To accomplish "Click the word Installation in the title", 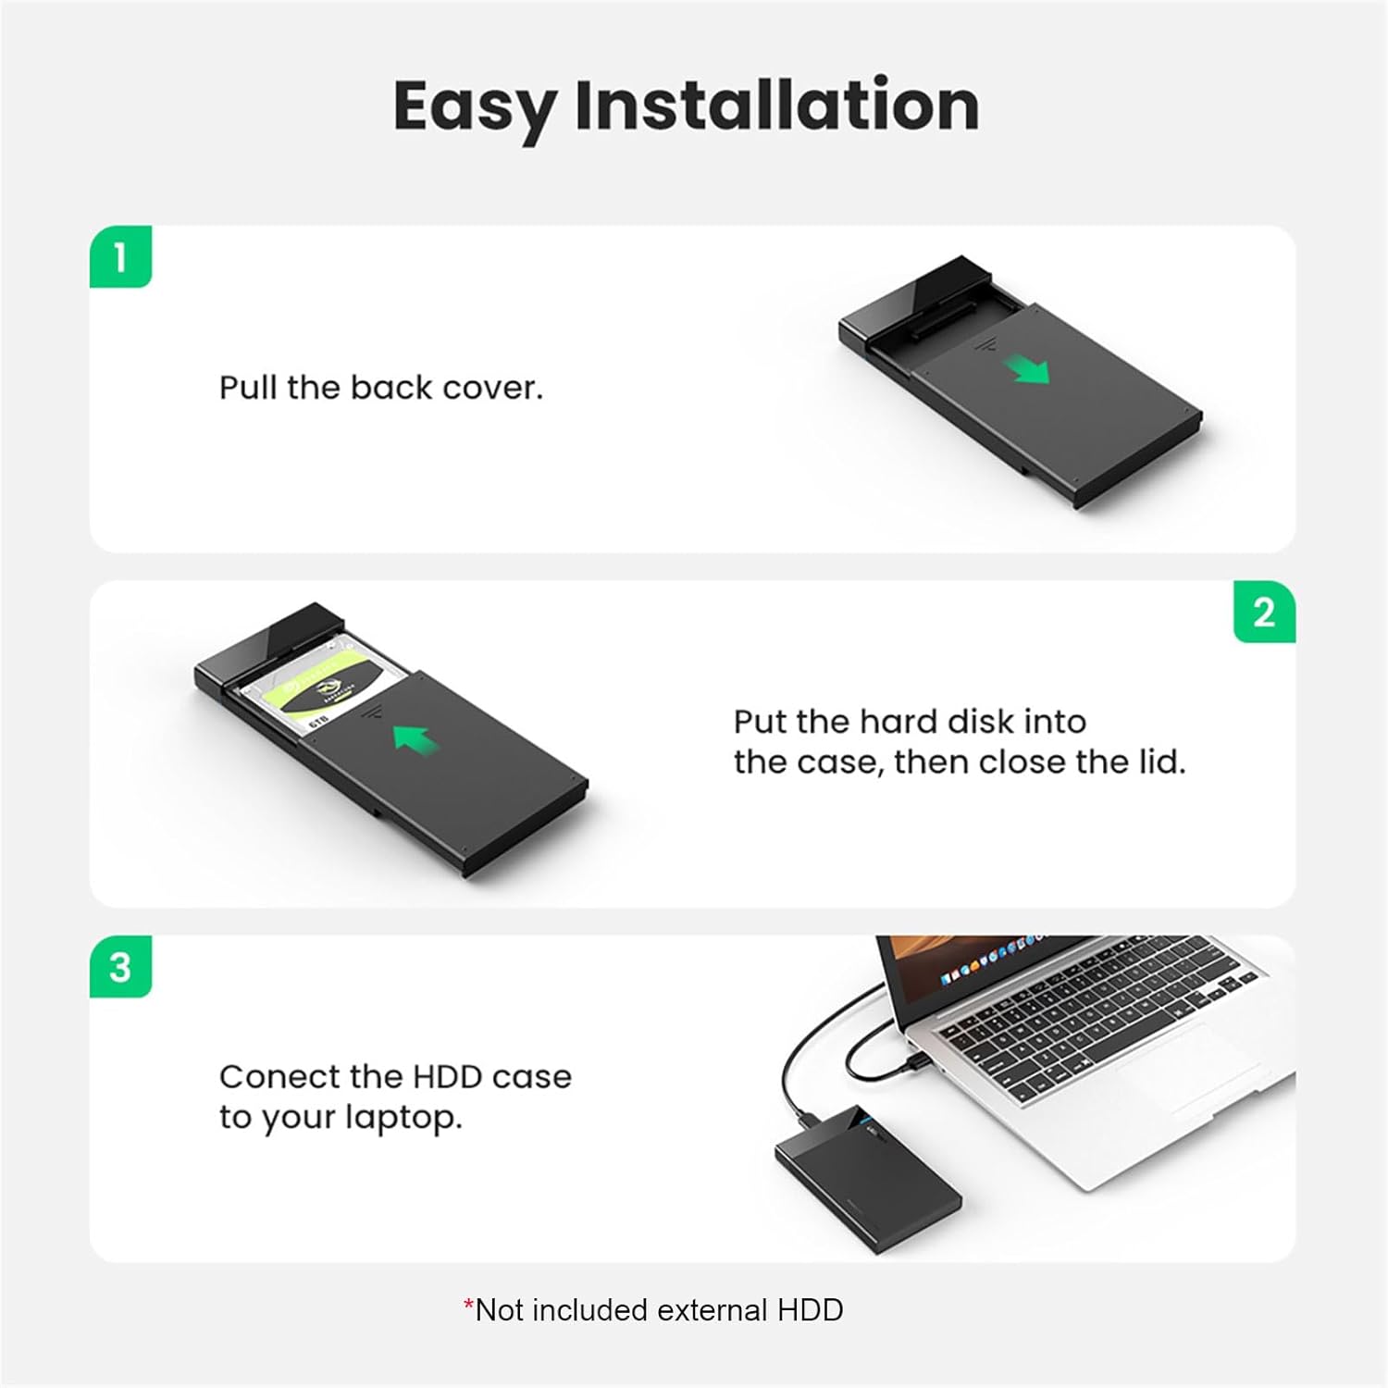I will tap(776, 105).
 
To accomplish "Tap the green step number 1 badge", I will tap(120, 257).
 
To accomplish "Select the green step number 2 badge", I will tap(1264, 613).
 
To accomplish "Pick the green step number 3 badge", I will tap(120, 968).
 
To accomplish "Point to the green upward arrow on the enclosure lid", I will tap(413, 737).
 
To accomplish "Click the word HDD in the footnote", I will tap(810, 1310).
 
